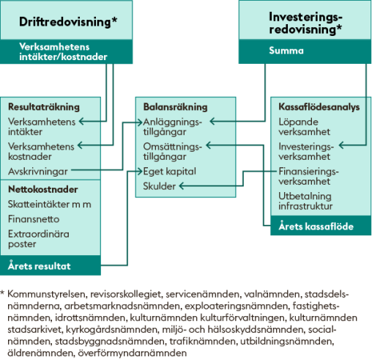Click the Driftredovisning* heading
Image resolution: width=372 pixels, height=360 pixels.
tap(68, 22)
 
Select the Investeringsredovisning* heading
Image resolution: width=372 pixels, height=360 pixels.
tap(305, 23)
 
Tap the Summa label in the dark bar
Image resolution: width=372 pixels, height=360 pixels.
tap(286, 51)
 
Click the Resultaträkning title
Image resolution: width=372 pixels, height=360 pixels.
tap(44, 107)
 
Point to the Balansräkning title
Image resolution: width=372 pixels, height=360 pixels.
tap(175, 107)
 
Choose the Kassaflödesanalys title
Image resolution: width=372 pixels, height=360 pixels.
tap(319, 107)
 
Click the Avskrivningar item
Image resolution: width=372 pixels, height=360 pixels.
tap(38, 172)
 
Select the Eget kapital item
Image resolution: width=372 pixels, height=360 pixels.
tap(169, 172)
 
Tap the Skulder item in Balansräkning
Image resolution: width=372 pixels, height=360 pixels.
tap(159, 186)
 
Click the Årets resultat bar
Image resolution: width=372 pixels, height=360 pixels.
tap(51, 265)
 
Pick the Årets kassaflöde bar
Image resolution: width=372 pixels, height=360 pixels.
tap(321, 226)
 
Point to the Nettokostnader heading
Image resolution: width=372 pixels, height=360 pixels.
tap(43, 189)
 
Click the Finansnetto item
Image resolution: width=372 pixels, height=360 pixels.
tap(34, 219)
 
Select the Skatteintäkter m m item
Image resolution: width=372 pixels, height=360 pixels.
tap(50, 204)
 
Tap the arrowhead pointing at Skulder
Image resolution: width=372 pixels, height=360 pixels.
tap(181, 186)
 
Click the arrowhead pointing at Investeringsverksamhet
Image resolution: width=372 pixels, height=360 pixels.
tap(341, 145)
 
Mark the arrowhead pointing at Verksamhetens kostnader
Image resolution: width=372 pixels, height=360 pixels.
tap(80, 145)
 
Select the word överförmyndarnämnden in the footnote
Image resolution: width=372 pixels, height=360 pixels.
tap(133, 353)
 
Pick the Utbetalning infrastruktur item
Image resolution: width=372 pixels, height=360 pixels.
tap(305, 201)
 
